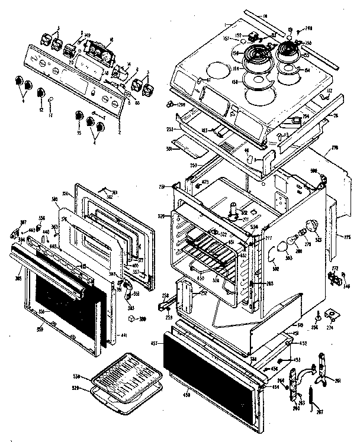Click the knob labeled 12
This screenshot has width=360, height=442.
41,92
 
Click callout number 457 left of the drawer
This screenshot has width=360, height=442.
153,343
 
